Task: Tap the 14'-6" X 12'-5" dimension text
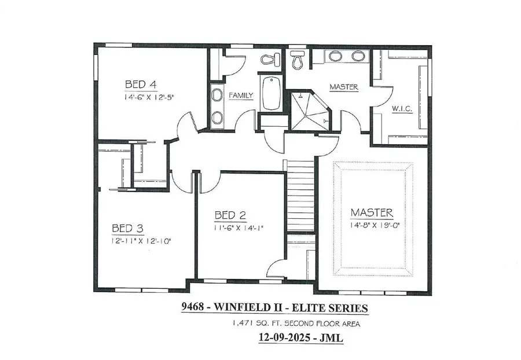149,97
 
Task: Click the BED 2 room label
230,215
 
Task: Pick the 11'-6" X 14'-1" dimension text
239,228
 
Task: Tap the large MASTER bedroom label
371,212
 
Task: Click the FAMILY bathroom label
240,95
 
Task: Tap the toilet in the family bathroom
270,59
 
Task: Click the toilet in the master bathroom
298,60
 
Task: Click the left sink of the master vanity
335,56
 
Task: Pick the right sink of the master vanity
358,56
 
